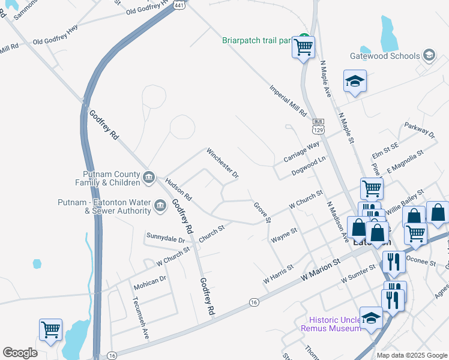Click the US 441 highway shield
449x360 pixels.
coord(179,4)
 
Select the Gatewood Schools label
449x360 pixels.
coord(385,56)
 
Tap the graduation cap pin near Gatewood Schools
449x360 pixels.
coord(355,81)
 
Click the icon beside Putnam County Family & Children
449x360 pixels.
coord(149,178)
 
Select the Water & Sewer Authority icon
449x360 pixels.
coord(160,206)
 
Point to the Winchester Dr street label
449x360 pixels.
coord(223,164)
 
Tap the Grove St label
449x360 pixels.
coord(262,212)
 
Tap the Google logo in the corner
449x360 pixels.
coord(20,353)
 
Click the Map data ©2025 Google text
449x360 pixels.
coord(411,355)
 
